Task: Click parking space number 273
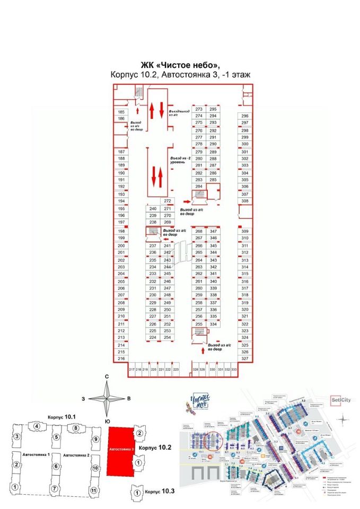(199, 109)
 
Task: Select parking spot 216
(121, 359)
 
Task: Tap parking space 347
(214, 232)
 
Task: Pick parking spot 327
(244, 359)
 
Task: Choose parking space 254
(167, 338)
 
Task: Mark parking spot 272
(168, 201)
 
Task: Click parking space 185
(121, 112)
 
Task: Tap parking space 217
(131, 369)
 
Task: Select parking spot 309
(244, 232)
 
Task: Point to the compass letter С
(107, 376)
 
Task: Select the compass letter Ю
(107, 422)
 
